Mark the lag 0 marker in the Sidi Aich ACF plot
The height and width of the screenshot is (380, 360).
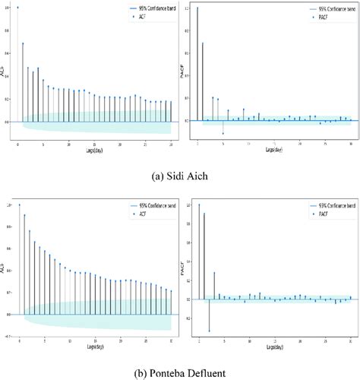[17, 8]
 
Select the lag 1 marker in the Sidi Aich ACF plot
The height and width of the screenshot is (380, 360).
[23, 43]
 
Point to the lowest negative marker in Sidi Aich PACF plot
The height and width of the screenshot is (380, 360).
[223, 133]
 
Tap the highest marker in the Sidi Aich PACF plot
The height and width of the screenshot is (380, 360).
[197, 8]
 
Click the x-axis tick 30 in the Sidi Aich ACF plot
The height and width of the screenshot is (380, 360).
[171, 143]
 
